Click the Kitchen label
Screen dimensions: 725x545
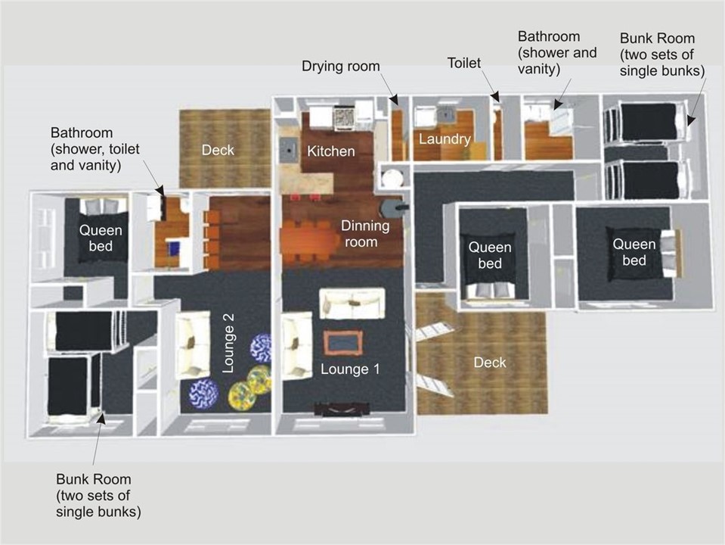coord(330,151)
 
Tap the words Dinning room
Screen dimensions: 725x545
coord(365,234)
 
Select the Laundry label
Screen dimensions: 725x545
coord(445,139)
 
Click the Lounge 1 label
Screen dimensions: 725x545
coord(350,369)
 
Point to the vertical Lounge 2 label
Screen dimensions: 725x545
coord(228,343)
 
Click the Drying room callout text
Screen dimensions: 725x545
coord(341,66)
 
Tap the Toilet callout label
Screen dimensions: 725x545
coord(463,63)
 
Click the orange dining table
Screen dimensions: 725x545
coord(310,241)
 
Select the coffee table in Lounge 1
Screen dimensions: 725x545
coord(342,343)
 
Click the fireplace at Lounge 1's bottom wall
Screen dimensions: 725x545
coord(342,410)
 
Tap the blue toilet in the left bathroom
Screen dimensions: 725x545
coord(175,248)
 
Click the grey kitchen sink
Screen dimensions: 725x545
coord(289,149)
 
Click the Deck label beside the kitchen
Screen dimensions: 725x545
coord(218,150)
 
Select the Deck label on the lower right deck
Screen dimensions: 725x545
coord(490,363)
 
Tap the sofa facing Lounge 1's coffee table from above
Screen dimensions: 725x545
coord(352,304)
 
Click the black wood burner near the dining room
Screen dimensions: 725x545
coord(393,209)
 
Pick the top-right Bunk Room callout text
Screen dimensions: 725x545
coord(662,54)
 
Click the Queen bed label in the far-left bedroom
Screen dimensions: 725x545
coord(101,238)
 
